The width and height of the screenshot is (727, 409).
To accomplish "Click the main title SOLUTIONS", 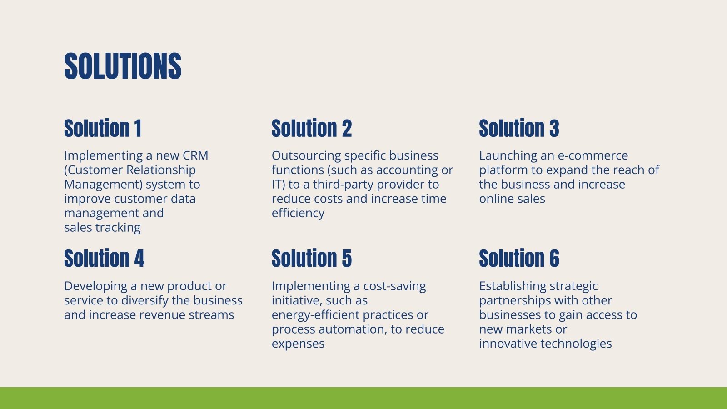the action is [x=123, y=66].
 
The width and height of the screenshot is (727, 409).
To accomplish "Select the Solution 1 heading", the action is [x=103, y=128].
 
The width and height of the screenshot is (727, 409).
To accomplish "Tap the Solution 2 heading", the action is [x=312, y=128].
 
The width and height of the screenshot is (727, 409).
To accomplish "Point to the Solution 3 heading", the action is [x=519, y=128].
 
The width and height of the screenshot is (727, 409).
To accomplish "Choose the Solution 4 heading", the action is [x=104, y=259].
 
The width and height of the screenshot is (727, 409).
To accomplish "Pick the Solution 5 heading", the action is [x=312, y=259].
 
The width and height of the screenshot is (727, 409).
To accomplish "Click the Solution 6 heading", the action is [x=519, y=259].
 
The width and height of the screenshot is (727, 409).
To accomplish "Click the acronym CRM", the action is [x=195, y=155].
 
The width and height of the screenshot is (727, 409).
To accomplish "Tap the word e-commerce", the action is [x=593, y=156].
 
